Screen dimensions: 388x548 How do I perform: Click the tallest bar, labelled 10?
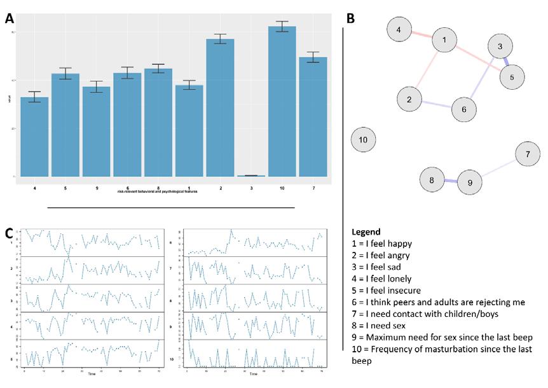(x=282, y=102)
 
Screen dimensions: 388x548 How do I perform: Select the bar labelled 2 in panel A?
(x=220, y=108)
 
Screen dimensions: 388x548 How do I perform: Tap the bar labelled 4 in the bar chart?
(x=34, y=137)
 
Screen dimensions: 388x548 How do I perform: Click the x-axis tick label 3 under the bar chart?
(x=251, y=188)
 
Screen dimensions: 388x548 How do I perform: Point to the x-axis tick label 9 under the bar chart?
(x=96, y=188)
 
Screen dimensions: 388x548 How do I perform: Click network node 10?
(x=363, y=139)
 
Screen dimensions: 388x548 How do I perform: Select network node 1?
(x=445, y=41)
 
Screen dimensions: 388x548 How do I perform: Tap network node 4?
(x=399, y=30)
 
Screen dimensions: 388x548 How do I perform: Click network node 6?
(x=464, y=109)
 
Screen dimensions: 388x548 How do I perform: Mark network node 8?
(x=432, y=180)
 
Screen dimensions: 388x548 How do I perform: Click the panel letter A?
(x=10, y=18)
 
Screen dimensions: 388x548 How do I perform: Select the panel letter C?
(x=10, y=233)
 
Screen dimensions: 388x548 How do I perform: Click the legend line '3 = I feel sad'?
(x=380, y=267)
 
